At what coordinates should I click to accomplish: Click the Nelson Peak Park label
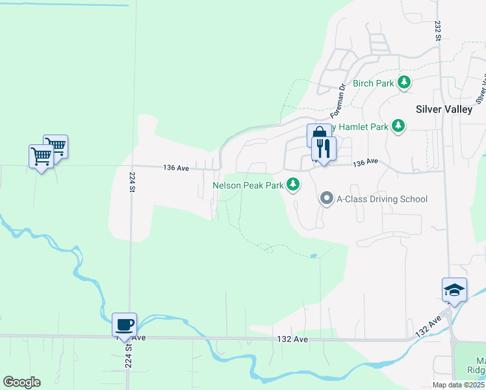pos(248,185)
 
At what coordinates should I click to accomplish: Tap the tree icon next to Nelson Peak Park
pos(294,185)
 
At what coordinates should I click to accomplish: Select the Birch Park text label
pos(374,83)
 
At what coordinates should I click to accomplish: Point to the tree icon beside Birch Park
pos(405,82)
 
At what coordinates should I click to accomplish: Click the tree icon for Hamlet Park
pos(400,126)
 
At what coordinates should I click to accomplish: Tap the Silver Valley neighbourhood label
pos(444,109)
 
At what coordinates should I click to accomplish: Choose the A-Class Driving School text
pos(381,199)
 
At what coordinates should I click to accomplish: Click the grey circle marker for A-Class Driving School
pos(327,199)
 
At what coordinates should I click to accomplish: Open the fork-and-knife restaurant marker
pos(323,149)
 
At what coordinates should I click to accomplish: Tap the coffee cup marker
pos(124,324)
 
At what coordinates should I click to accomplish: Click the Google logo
pos(21,382)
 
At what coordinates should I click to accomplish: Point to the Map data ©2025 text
pos(459,385)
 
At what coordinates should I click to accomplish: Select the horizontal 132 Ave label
pos(292,339)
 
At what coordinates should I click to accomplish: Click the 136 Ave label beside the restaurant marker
pos(365,162)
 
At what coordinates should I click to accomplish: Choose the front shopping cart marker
pos(42,156)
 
